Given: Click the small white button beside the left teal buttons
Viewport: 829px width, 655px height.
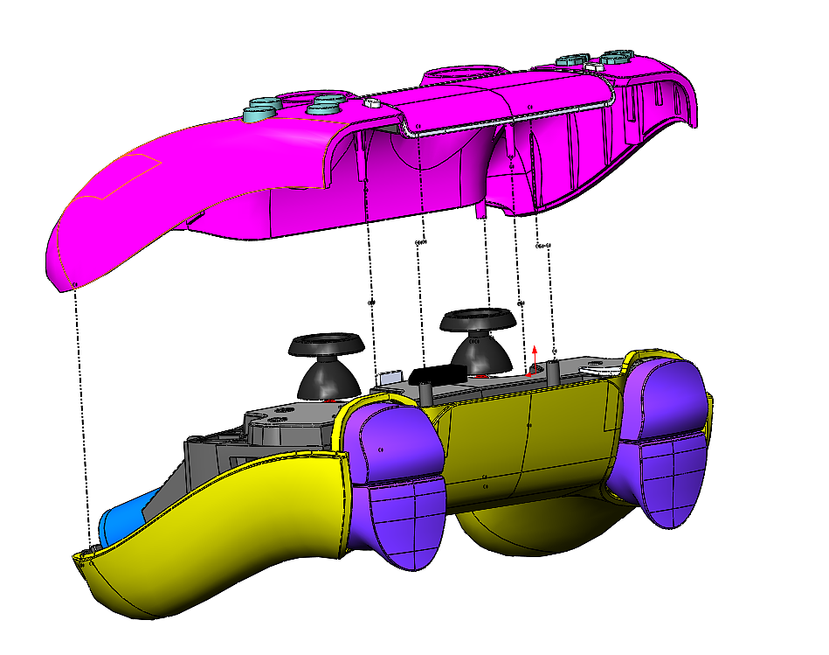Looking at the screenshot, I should click(x=371, y=103).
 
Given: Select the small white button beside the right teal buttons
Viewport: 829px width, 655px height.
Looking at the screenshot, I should click(x=596, y=66).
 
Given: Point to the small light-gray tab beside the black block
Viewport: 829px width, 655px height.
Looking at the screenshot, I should click(x=390, y=376).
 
